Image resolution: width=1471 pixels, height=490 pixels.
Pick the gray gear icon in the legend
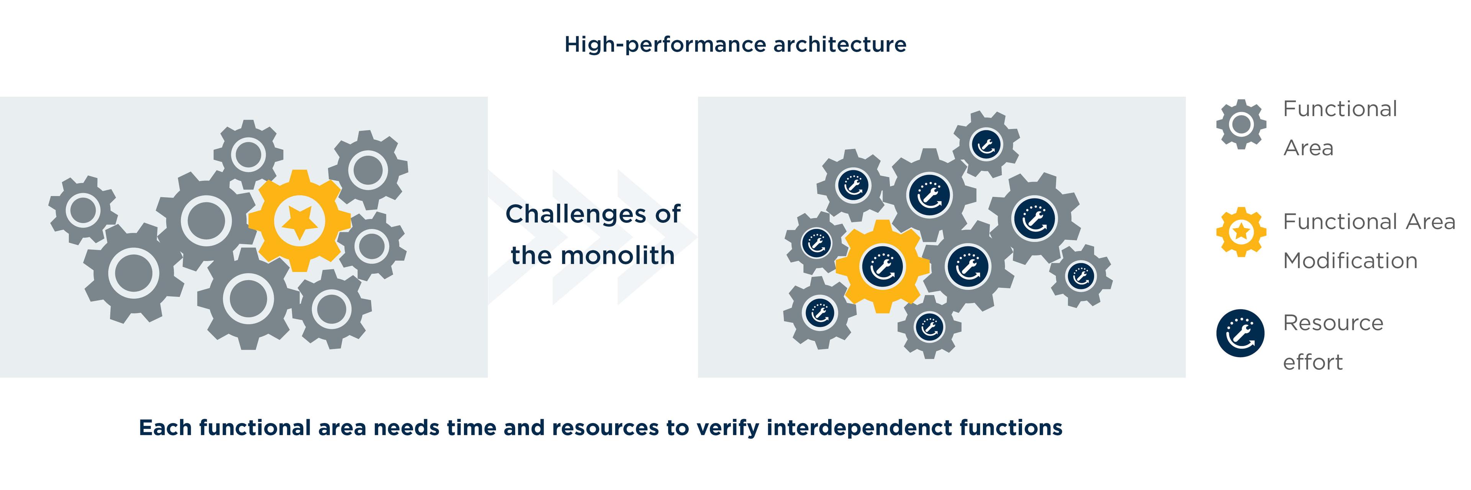(1240, 124)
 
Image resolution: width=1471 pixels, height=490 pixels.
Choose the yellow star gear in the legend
(1240, 232)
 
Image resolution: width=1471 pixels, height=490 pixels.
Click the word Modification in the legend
(1350, 261)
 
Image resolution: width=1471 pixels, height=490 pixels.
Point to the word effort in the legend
(1312, 362)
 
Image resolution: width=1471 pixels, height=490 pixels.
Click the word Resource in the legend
(1333, 323)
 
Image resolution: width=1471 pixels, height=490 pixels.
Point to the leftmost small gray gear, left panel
(83, 210)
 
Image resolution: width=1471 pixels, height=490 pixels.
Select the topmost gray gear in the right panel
(986, 144)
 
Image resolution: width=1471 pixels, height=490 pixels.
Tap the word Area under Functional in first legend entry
(1308, 148)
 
